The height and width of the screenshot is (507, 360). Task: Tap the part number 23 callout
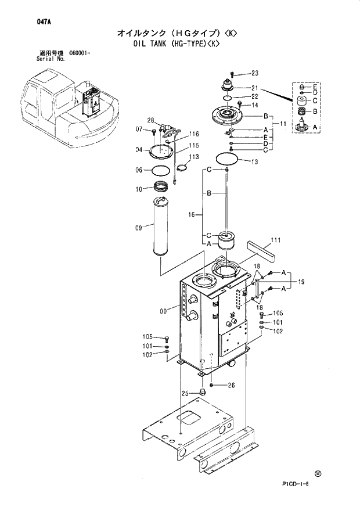tap(254, 73)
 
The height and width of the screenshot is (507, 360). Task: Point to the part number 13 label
tap(254, 162)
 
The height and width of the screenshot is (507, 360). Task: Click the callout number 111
tap(276, 240)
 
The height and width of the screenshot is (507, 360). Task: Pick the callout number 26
tap(231, 385)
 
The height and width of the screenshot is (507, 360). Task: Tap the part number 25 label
tap(186, 394)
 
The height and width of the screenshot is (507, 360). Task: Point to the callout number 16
tap(191, 215)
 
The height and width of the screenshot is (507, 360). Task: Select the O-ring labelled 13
tap(226, 158)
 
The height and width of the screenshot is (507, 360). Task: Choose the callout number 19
tap(301, 282)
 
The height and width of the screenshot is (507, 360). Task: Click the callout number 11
tap(283, 124)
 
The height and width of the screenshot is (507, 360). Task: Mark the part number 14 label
tap(254, 105)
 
